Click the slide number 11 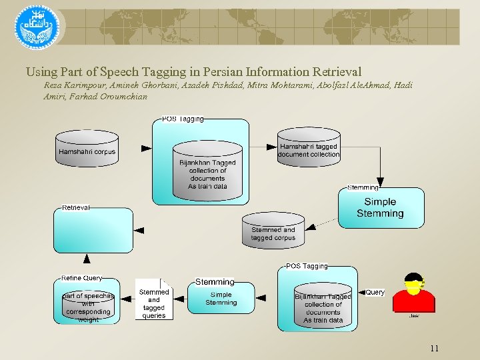(x=434, y=348)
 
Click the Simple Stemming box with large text (x=380, y=207)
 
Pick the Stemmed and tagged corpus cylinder (x=273, y=230)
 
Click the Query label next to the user (x=375, y=292)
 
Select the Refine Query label (x=81, y=278)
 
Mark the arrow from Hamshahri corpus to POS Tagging (x=145, y=147)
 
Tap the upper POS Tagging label (x=183, y=119)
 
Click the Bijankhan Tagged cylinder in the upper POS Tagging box (x=207, y=171)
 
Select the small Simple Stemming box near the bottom (x=221, y=298)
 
